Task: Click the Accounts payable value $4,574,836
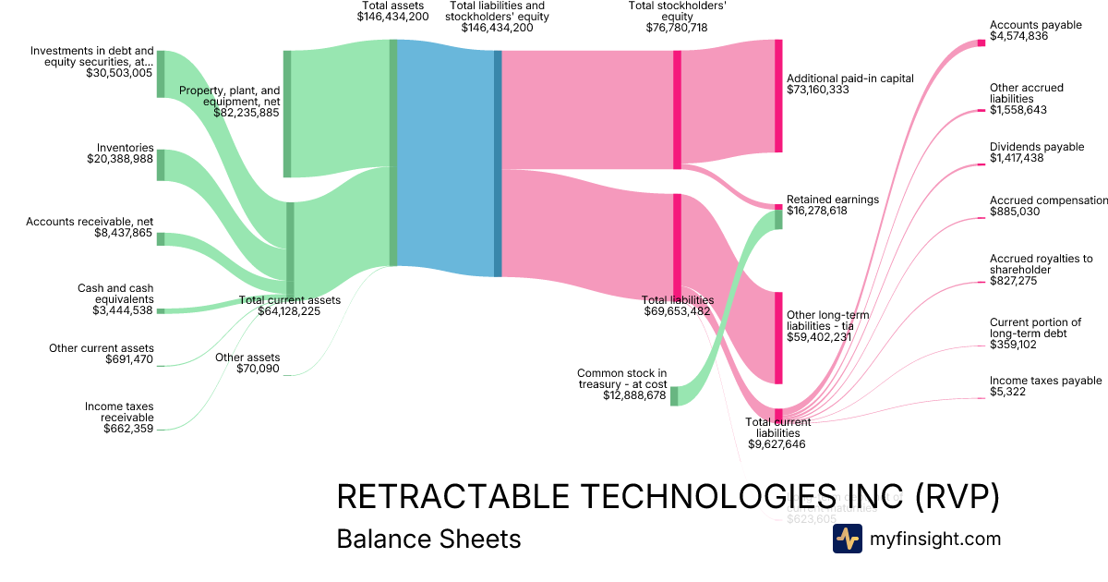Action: pyautogui.click(x=1018, y=37)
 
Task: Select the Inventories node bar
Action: pyautogui.click(x=161, y=164)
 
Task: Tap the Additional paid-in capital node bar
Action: pyautogui.click(x=778, y=96)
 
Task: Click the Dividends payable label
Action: pyautogui.click(x=1036, y=147)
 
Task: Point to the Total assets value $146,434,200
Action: pyautogui.click(x=393, y=17)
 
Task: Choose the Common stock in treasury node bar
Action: pyautogui.click(x=674, y=395)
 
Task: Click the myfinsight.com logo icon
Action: pyautogui.click(x=847, y=539)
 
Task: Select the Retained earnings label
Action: pyautogui.click(x=832, y=200)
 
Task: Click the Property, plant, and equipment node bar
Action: pyautogui.click(x=287, y=114)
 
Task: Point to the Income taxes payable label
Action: pyautogui.click(x=1045, y=381)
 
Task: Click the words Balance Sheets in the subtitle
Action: pyautogui.click(x=428, y=539)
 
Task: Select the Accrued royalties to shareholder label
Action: pyautogui.click(x=1041, y=264)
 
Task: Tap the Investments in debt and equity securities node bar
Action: pyautogui.click(x=161, y=74)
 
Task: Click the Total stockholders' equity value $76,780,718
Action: pyautogui.click(x=677, y=28)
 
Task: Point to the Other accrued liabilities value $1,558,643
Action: pyautogui.click(x=1018, y=110)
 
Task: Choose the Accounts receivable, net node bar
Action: pyautogui.click(x=161, y=239)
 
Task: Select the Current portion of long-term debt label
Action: pyautogui.click(x=1035, y=328)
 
